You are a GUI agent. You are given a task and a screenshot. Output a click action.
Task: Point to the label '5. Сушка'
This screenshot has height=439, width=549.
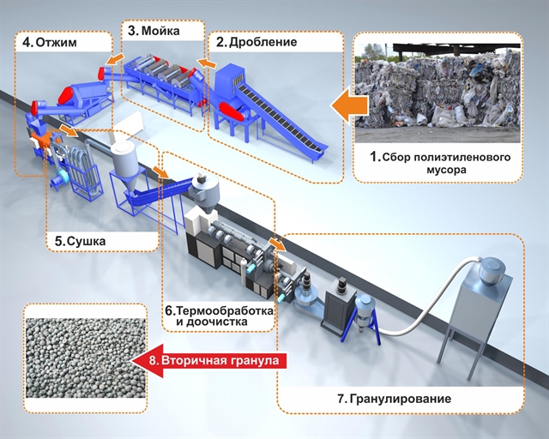click(80, 242)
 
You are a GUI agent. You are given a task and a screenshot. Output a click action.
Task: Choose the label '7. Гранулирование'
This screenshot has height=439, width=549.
click(394, 399)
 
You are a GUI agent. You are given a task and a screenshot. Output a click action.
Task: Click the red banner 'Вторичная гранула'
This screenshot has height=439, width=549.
click(214, 362)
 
